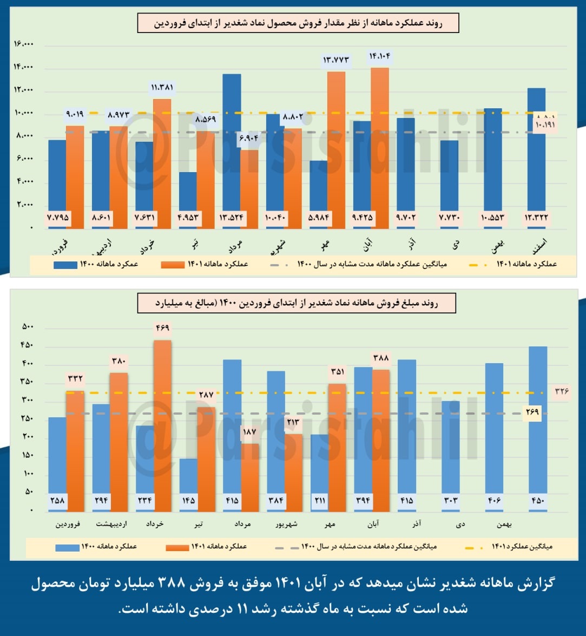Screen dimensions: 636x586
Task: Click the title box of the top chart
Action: pos(298,23)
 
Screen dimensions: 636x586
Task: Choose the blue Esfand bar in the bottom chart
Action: pos(537,428)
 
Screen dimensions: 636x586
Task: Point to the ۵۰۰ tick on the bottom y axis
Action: pos(27,327)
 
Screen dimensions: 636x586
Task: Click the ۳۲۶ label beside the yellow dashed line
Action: pos(561,391)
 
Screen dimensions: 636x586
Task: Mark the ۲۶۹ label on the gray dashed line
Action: pos(532,413)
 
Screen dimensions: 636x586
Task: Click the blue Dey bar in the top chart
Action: pos(449,184)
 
